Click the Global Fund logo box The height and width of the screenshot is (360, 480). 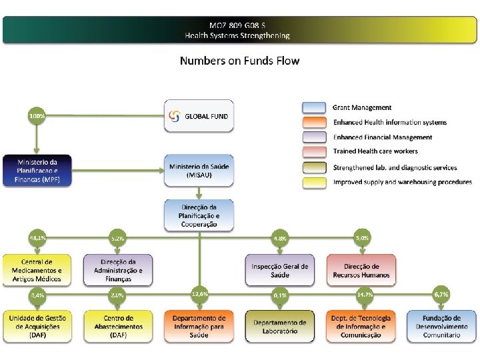pyautogui.click(x=199, y=116)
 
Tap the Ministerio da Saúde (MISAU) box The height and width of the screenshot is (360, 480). pyautogui.click(x=199, y=170)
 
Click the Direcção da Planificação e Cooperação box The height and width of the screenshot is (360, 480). pyautogui.click(x=199, y=215)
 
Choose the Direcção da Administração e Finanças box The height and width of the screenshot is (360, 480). pyautogui.click(x=118, y=270)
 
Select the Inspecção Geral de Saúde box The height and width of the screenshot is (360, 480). pyautogui.click(x=280, y=270)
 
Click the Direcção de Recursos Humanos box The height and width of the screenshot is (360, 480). pyautogui.click(x=361, y=270)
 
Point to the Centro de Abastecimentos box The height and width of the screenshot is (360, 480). pyautogui.click(x=118, y=327)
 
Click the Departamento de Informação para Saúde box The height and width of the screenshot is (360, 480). pyautogui.click(x=199, y=327)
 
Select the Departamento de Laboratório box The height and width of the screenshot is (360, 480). pyautogui.click(x=280, y=327)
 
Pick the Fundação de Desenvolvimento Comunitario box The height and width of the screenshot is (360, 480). pyautogui.click(x=442, y=327)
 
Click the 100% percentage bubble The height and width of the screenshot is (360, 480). pyautogui.click(x=37, y=116)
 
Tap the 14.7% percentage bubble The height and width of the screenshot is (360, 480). pyautogui.click(x=365, y=293)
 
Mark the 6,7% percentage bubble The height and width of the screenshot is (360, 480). pyautogui.click(x=441, y=293)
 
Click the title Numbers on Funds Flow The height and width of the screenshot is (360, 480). pyautogui.click(x=239, y=61)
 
